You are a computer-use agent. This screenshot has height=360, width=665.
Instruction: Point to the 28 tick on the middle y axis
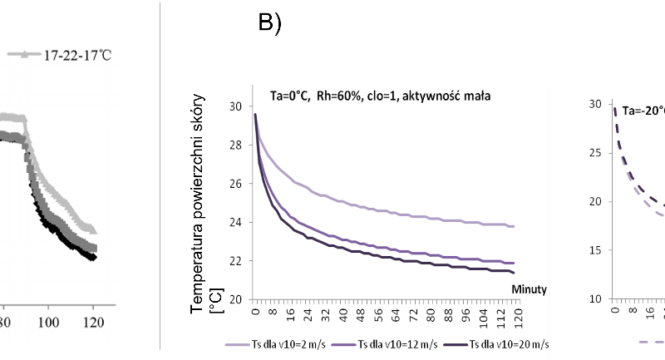236,145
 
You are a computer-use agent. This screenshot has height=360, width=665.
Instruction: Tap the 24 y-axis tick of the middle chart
236,222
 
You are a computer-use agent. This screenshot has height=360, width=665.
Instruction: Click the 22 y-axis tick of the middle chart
236,260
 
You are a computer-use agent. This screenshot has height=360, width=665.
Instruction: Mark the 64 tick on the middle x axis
395,314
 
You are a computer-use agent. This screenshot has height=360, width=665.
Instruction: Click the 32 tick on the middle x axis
324,314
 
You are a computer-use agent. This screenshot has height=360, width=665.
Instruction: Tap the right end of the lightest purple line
514,226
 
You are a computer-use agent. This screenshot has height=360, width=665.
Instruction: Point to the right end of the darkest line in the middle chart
514,272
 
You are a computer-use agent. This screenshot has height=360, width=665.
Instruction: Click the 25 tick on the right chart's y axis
595,152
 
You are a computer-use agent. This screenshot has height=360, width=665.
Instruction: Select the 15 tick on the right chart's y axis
595,249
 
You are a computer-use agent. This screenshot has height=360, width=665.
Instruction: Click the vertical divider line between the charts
160,175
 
